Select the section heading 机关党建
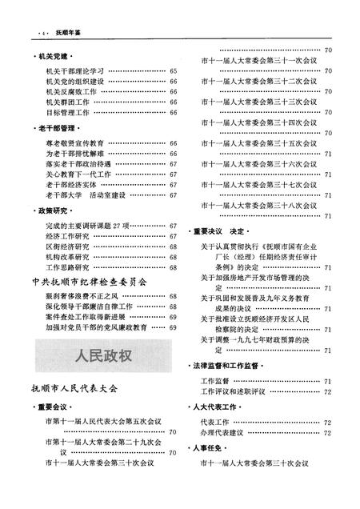pyautogui.click(x=52, y=58)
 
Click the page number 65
pyautogui.click(x=173, y=72)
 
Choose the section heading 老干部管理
pyautogui.click(x=55, y=127)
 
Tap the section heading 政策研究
pyautogui.click(x=52, y=210)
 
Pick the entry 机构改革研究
pyautogui.click(x=68, y=257)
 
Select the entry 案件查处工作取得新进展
pyautogui.click(x=84, y=317)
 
